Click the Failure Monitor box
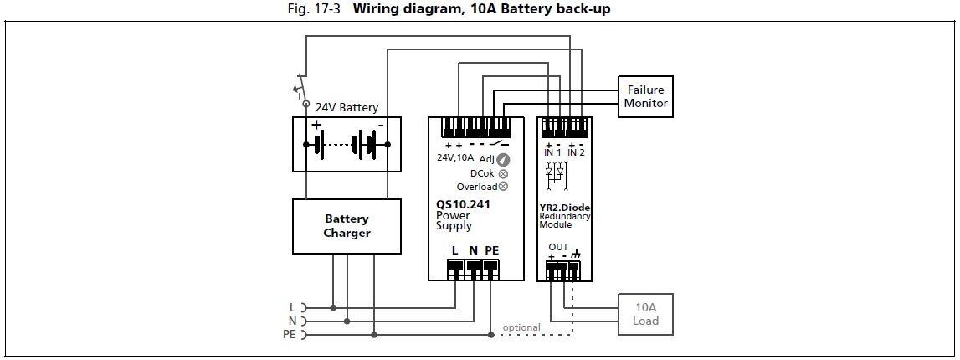[x=645, y=96]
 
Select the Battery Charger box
[x=347, y=226]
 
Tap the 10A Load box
[x=645, y=314]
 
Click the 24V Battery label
[x=347, y=107]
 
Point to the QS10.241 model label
[x=463, y=203]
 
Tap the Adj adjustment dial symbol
[x=503, y=159]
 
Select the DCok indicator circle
[x=503, y=173]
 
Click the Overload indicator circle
[x=503, y=187]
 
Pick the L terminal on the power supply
[x=454, y=269]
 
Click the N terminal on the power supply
[x=473, y=269]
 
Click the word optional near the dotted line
[x=521, y=327]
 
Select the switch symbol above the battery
[x=299, y=88]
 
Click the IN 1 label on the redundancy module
[x=552, y=152]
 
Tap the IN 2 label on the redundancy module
[x=576, y=152]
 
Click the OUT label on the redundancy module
[x=558, y=247]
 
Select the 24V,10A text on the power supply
[x=455, y=157]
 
